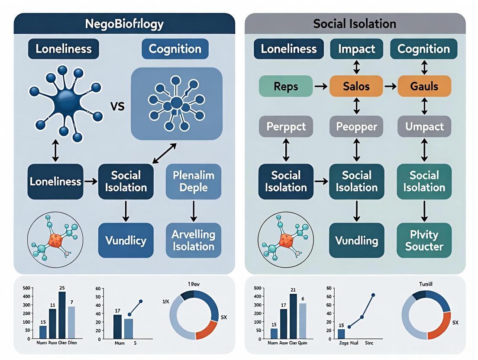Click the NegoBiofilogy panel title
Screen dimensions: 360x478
coord(124,23)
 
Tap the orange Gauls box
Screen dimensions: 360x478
coord(424,86)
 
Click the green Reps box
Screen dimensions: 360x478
coord(286,86)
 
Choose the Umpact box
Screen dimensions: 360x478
coord(424,127)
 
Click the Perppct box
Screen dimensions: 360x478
coord(286,127)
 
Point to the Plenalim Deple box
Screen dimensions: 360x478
coord(194,182)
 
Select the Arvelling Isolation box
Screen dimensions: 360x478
coord(194,240)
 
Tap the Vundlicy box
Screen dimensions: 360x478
coord(126,240)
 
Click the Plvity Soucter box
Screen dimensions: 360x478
coord(424,240)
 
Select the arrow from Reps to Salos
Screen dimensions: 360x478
coord(321,87)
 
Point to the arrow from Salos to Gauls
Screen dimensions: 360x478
coord(391,87)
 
